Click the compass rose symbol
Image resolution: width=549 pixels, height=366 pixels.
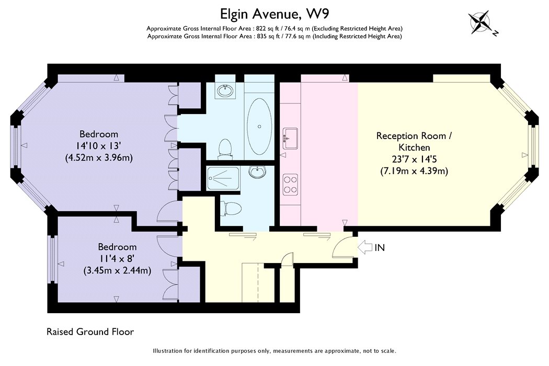[481, 22]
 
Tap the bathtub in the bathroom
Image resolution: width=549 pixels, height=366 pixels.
[259, 127]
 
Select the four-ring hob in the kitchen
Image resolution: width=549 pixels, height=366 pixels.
[290, 185]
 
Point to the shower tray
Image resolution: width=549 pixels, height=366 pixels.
[223, 179]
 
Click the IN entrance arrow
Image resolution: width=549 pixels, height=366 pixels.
[365, 248]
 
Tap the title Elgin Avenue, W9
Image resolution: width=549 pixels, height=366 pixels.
[274, 14]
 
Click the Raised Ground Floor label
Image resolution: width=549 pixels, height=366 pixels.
[90, 331]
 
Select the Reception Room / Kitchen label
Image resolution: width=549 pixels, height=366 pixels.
[414, 142]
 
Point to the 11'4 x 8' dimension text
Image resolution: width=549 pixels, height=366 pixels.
[117, 258]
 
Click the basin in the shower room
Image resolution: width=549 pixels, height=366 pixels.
[257, 171]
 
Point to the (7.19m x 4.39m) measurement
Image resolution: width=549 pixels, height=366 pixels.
[414, 171]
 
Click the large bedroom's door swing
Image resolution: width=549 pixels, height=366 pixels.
[169, 212]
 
